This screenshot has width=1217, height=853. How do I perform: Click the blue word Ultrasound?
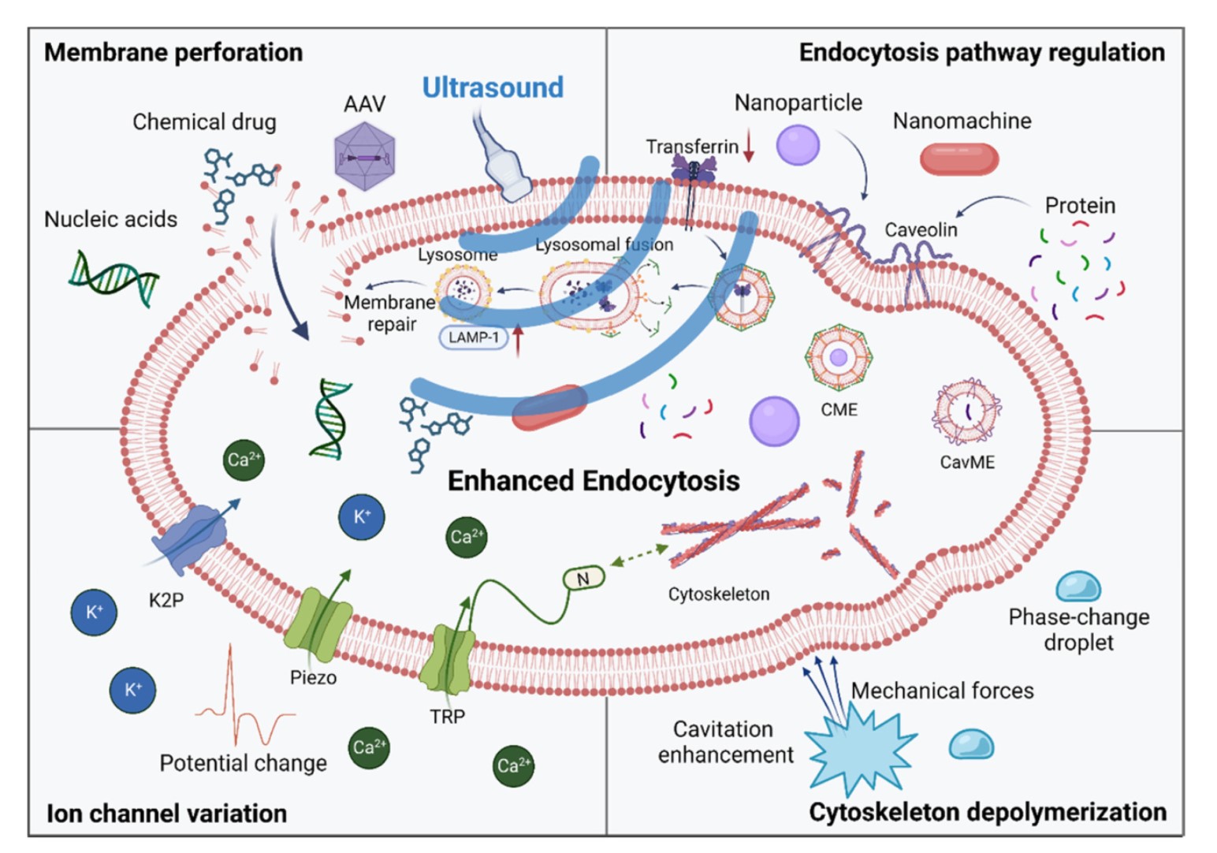click(493, 88)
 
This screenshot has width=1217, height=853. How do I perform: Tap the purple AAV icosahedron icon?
click(364, 157)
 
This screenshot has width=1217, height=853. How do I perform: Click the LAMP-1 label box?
click(473, 337)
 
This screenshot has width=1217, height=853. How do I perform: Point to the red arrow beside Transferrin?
click(748, 146)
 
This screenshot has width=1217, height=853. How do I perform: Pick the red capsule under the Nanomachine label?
click(958, 158)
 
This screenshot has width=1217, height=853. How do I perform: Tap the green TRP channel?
click(447, 659)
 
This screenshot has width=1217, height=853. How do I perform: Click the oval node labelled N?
click(583, 579)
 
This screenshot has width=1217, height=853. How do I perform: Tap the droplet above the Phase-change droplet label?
click(1077, 587)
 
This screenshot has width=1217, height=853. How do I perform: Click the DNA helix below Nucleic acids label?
click(113, 278)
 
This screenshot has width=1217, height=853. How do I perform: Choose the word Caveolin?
click(921, 230)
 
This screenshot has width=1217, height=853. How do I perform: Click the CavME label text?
click(967, 463)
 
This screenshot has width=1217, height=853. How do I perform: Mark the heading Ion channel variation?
click(166, 814)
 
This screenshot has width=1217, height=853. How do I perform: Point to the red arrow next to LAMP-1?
click(518, 340)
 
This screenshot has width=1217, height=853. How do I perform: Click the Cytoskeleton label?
click(719, 594)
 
